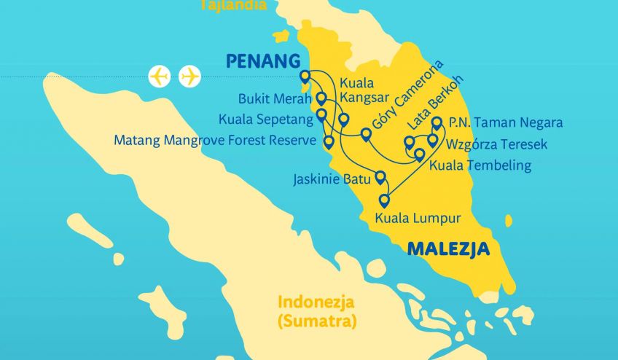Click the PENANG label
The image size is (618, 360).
click(263, 60)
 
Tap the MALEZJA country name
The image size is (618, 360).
click(448, 249)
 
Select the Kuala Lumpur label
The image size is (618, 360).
click(418, 217)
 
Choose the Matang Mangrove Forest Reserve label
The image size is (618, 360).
click(214, 140)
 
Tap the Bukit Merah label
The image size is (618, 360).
click(275, 99)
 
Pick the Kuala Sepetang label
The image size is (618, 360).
click(265, 118)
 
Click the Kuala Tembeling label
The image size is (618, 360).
click(480, 165)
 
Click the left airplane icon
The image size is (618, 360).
click(159, 76)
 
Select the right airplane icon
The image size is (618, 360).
click(189, 76)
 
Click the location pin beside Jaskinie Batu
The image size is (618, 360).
click(380, 176)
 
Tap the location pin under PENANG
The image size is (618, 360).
click(305, 76)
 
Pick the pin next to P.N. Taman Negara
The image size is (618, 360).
click(437, 122)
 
